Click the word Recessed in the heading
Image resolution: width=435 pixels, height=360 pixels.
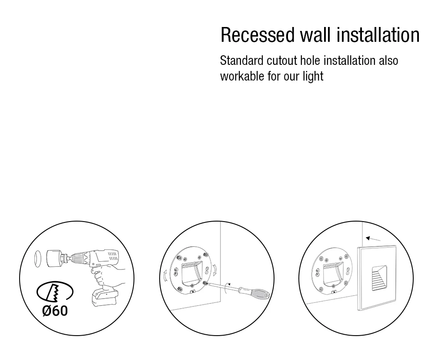[257, 35]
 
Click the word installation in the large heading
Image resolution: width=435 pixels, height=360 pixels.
[378, 35]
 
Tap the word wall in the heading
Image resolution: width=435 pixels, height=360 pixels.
[315, 35]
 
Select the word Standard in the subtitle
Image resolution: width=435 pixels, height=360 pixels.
[241, 61]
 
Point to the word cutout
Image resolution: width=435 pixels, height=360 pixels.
[282, 61]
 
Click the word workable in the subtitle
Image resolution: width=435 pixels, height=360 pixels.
[242, 76]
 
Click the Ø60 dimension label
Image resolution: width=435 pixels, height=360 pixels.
[55, 311]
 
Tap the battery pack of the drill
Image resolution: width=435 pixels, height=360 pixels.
[104, 297]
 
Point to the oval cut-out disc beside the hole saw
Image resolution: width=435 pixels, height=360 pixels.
[38, 259]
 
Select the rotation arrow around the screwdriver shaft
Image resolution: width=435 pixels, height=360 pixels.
[227, 288]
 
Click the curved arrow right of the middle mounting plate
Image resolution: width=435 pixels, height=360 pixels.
[215, 270]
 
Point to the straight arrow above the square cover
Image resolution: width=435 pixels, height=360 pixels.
[373, 239]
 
